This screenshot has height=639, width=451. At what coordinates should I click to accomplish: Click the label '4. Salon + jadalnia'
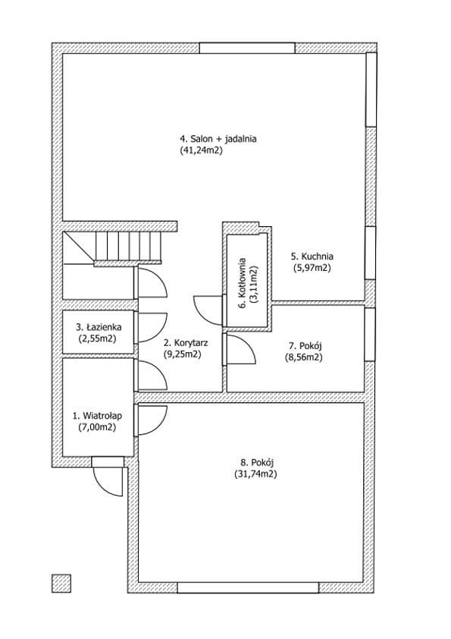pyautogui.click(x=218, y=139)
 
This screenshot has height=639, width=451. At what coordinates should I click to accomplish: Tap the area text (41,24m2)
pyautogui.click(x=201, y=150)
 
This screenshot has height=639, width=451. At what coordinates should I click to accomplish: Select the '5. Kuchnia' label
pyautogui.click(x=312, y=257)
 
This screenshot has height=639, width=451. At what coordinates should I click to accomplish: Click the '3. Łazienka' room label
pyautogui.click(x=99, y=327)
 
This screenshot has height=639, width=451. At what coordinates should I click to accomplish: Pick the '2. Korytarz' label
pyautogui.click(x=185, y=343)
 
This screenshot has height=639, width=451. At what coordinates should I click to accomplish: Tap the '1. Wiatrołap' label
pyautogui.click(x=97, y=416)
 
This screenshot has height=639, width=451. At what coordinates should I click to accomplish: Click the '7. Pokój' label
pyautogui.click(x=305, y=346)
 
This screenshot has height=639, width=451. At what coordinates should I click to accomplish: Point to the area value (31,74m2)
pyautogui.click(x=255, y=474)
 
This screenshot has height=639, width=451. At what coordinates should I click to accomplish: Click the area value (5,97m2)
pyautogui.click(x=312, y=268)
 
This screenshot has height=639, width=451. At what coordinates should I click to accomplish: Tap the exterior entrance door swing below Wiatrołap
pyautogui.click(x=108, y=481)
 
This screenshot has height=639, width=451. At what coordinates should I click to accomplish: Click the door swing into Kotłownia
pyautogui.click(x=208, y=310)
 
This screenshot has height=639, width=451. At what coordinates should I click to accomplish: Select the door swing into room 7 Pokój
pyautogui.click(x=241, y=349)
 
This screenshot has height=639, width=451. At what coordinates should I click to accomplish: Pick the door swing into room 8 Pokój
pyautogui.click(x=152, y=420)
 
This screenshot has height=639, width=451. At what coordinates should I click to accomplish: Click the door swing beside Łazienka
pyautogui.click(x=152, y=327)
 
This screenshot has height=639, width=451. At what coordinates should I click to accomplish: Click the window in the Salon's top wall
pyautogui.click(x=247, y=48)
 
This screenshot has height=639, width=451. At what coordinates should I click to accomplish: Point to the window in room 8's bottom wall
pyautogui.click(x=248, y=587)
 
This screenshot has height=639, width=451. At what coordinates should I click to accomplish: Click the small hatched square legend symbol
pyautogui.click(x=61, y=583)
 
